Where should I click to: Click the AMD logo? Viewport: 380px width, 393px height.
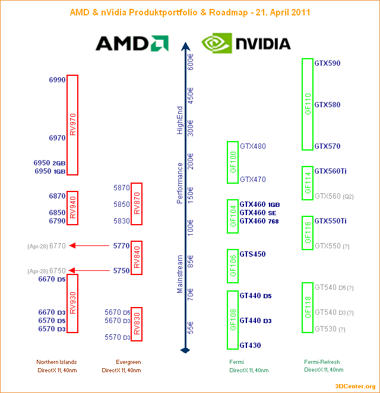pyautogui.click(x=132, y=43)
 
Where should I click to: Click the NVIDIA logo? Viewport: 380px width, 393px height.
pyautogui.click(x=246, y=43)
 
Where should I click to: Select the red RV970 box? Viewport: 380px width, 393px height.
pyautogui.click(x=72, y=125)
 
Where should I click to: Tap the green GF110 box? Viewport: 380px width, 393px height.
pyautogui.click(x=307, y=104)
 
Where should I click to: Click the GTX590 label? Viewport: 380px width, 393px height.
pyautogui.click(x=327, y=63)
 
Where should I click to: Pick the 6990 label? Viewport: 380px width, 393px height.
pyautogui.click(x=57, y=79)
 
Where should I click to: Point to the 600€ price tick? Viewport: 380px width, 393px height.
pyautogui.click(x=191, y=62)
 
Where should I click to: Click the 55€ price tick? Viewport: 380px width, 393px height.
pyautogui.click(x=191, y=328)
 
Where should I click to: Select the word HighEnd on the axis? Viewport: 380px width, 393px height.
pyautogui.click(x=180, y=120)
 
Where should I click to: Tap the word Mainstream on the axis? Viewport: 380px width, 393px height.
pyautogui.click(x=180, y=274)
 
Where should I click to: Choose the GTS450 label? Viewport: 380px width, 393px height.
pyautogui.click(x=252, y=254)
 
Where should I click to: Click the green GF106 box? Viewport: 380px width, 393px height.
pyautogui.click(x=233, y=266)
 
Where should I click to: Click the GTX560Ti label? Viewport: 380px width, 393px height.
pyautogui.click(x=330, y=171)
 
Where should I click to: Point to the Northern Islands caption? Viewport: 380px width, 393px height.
pyautogui.click(x=56, y=362)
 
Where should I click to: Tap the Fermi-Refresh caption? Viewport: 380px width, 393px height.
pyautogui.click(x=322, y=362)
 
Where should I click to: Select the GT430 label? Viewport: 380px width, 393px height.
pyautogui.click(x=250, y=346)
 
